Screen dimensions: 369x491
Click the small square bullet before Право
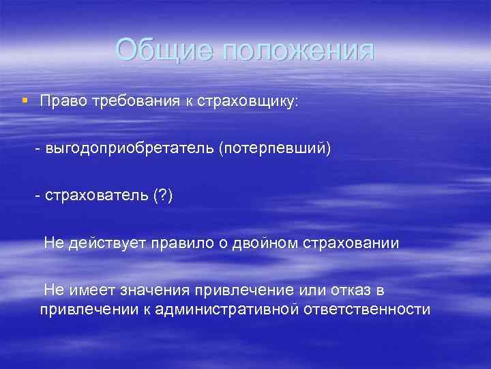[x=25, y=100]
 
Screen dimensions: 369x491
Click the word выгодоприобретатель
[x=130, y=148]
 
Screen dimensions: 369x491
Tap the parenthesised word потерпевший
[x=275, y=148]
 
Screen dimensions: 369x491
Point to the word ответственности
[x=367, y=310]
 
